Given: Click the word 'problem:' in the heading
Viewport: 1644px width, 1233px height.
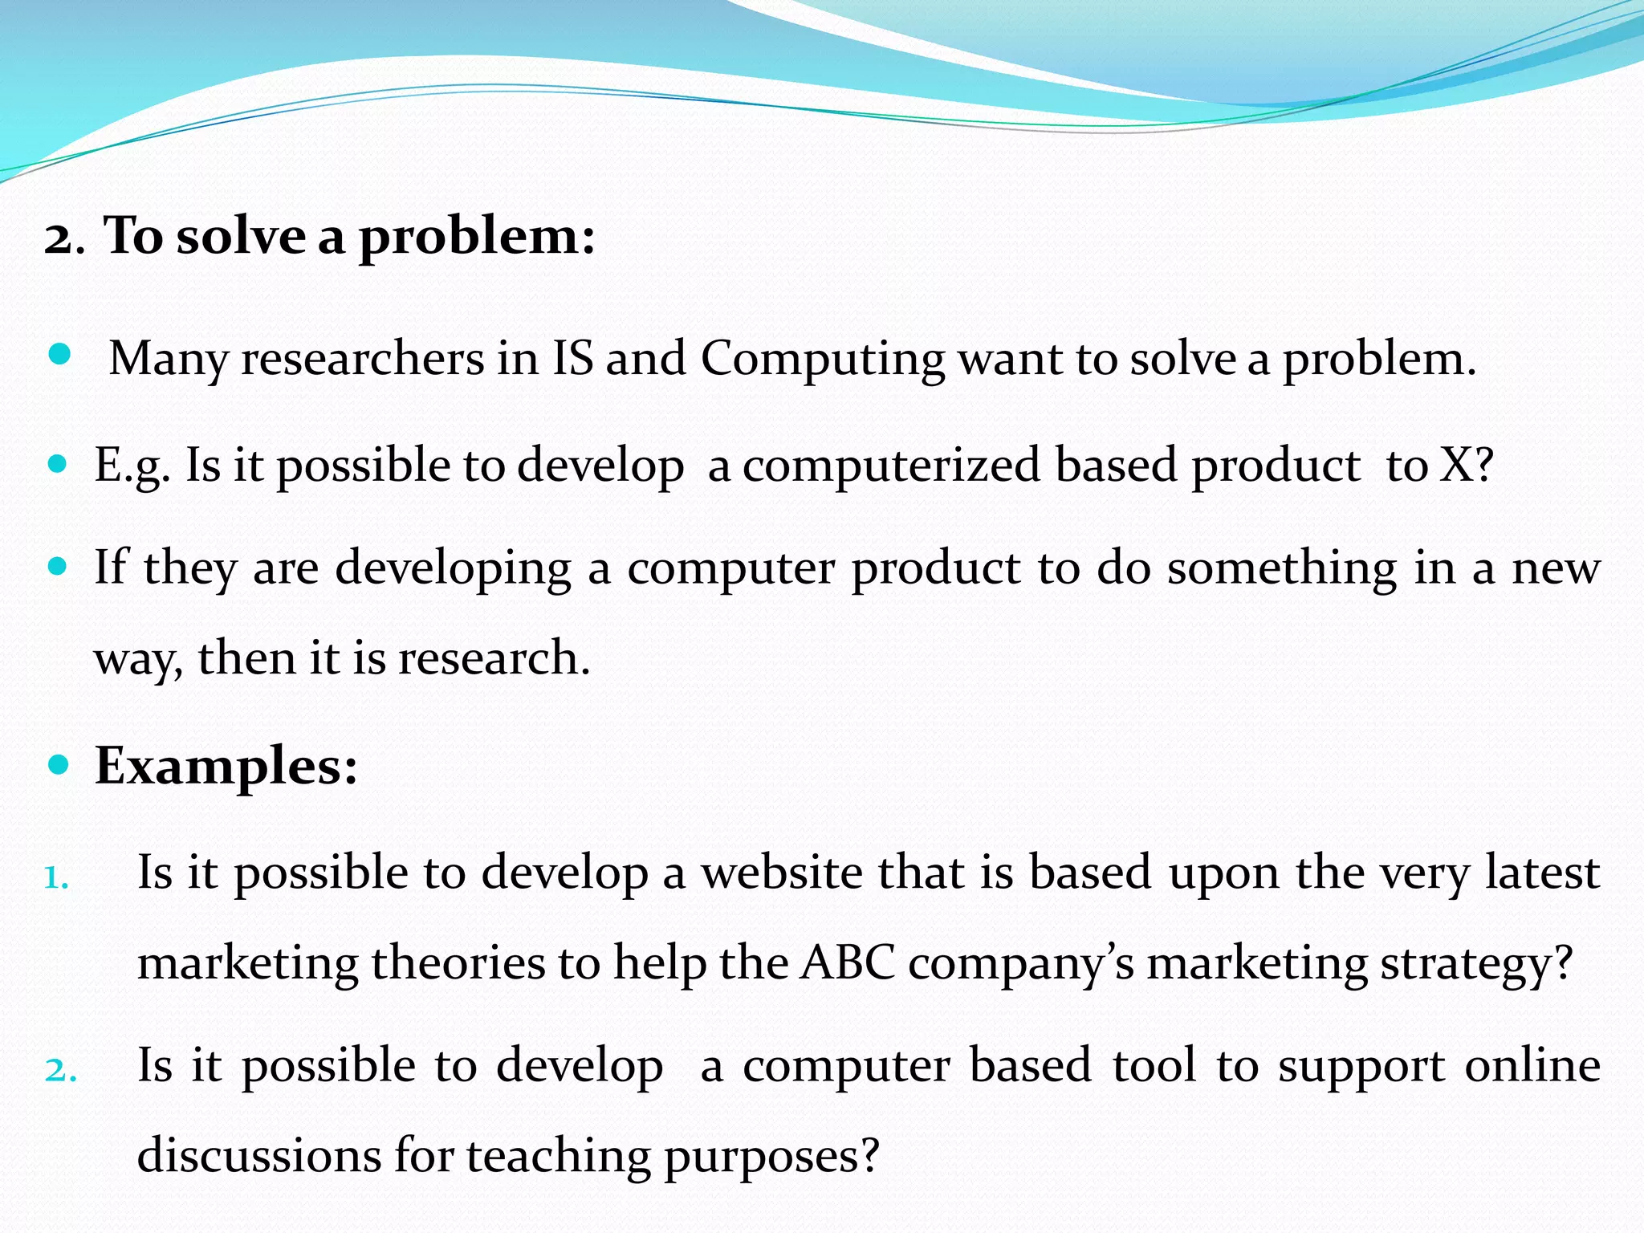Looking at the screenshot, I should tap(477, 238).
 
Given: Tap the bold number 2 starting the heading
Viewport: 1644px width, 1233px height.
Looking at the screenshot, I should tap(59, 239).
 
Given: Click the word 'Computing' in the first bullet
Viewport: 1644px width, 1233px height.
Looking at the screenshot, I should tap(822, 359).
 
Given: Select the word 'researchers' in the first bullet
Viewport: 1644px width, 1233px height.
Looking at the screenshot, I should tap(363, 359).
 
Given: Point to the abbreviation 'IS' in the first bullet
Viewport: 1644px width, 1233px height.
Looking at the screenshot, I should tap(572, 359).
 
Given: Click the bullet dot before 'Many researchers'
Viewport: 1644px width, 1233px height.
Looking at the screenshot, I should tap(60, 354).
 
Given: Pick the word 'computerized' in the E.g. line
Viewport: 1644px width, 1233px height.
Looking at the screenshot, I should tap(890, 466).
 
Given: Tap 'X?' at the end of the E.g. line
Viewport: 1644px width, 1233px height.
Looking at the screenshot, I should tap(1466, 465).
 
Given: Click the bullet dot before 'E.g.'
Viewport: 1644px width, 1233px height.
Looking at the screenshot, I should tap(57, 463).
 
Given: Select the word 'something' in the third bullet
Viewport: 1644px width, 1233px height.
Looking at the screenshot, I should tap(1282, 568).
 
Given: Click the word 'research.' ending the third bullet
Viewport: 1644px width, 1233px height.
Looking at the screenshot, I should tap(494, 658).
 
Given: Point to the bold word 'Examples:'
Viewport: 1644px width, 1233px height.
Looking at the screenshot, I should tap(226, 766).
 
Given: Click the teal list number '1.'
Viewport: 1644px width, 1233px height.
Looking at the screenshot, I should tap(56, 878).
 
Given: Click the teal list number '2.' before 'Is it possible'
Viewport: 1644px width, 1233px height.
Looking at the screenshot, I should tap(60, 1071).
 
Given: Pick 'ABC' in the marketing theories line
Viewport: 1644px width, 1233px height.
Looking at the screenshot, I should tap(848, 962).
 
